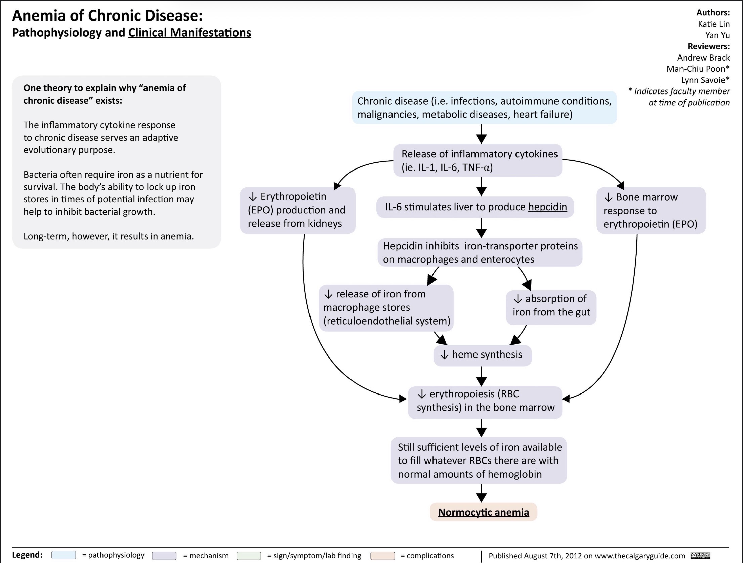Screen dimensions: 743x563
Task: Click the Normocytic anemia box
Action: tap(483, 512)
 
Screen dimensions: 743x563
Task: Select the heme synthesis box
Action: tap(483, 355)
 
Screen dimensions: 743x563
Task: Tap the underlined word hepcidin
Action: tap(547, 207)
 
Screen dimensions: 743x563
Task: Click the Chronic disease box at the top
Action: tap(484, 108)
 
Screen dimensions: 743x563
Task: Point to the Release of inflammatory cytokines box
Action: tap(478, 160)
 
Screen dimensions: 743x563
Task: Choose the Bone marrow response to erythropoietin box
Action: tap(651, 211)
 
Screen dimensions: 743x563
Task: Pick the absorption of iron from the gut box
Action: tap(551, 307)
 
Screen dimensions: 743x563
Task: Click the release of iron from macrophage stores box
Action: tap(386, 308)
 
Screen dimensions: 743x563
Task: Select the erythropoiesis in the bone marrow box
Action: tap(485, 403)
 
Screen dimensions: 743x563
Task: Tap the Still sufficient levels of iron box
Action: tap(479, 460)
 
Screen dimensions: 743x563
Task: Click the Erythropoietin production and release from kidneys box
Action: tap(298, 210)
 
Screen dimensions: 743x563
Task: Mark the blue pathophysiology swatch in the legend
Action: tap(64, 555)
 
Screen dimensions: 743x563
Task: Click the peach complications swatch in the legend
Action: tap(382, 555)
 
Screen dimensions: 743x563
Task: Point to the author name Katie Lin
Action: tap(714, 24)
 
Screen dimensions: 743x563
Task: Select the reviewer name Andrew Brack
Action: tap(703, 58)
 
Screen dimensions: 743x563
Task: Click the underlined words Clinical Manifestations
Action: tap(190, 33)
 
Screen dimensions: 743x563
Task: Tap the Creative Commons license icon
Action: tap(700, 555)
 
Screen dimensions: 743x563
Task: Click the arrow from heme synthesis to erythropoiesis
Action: tap(481, 376)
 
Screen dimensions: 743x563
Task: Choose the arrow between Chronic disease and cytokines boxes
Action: tap(481, 134)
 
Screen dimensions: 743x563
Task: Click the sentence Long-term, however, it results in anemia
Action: tap(109, 236)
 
